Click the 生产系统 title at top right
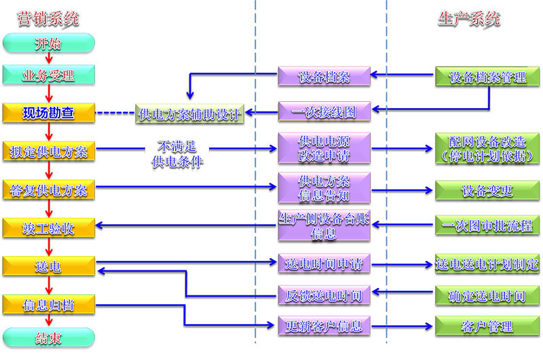[x=469, y=18]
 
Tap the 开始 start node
[x=47, y=44]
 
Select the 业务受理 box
[x=48, y=75]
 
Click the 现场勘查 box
[x=48, y=113]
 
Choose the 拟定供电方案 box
[x=48, y=151]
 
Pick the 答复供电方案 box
[x=48, y=190]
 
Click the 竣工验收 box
[x=48, y=228]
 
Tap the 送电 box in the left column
[x=48, y=266]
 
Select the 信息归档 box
[x=48, y=304]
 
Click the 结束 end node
[x=47, y=338]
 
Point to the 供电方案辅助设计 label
[x=189, y=113]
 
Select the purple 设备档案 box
[x=324, y=76]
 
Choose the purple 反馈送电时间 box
[x=324, y=295]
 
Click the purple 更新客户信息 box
[x=324, y=325]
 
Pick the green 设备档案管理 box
[x=488, y=77]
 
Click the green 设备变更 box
[x=488, y=190]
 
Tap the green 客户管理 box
[x=488, y=326]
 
